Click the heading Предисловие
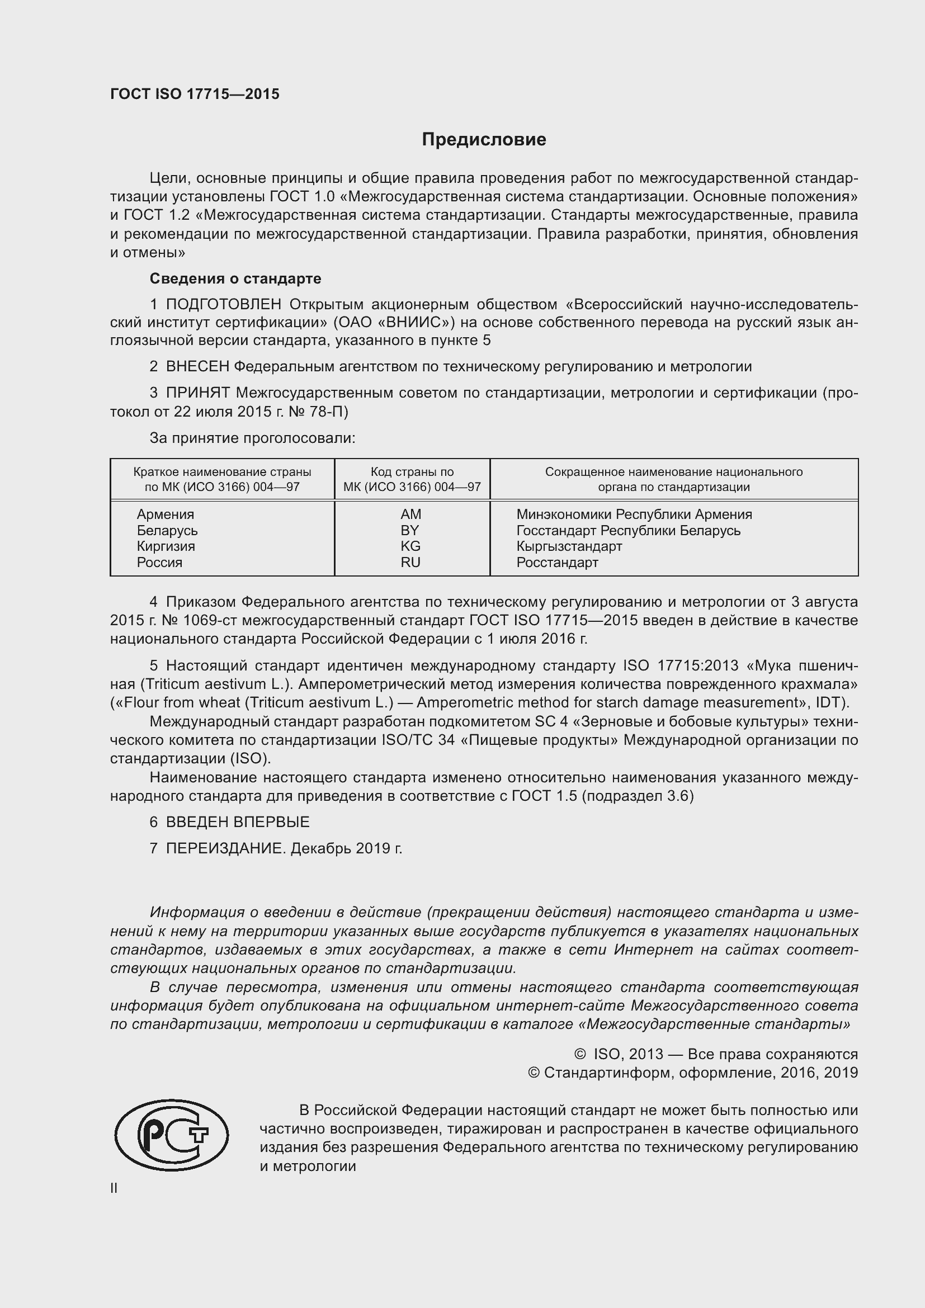pos(484,140)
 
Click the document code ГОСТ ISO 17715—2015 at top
pos(195,95)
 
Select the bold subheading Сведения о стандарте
pos(235,278)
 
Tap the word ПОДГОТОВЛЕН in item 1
pos(224,304)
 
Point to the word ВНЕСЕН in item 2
pos(197,366)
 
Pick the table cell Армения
pos(165,514)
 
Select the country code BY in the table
pos(410,530)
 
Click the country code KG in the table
pos(410,546)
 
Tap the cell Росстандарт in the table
pos(557,563)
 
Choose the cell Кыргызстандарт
pos(569,546)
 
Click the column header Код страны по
pos(412,472)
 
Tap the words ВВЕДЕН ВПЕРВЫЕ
pos(238,822)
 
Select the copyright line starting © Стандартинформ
pos(692,1073)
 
